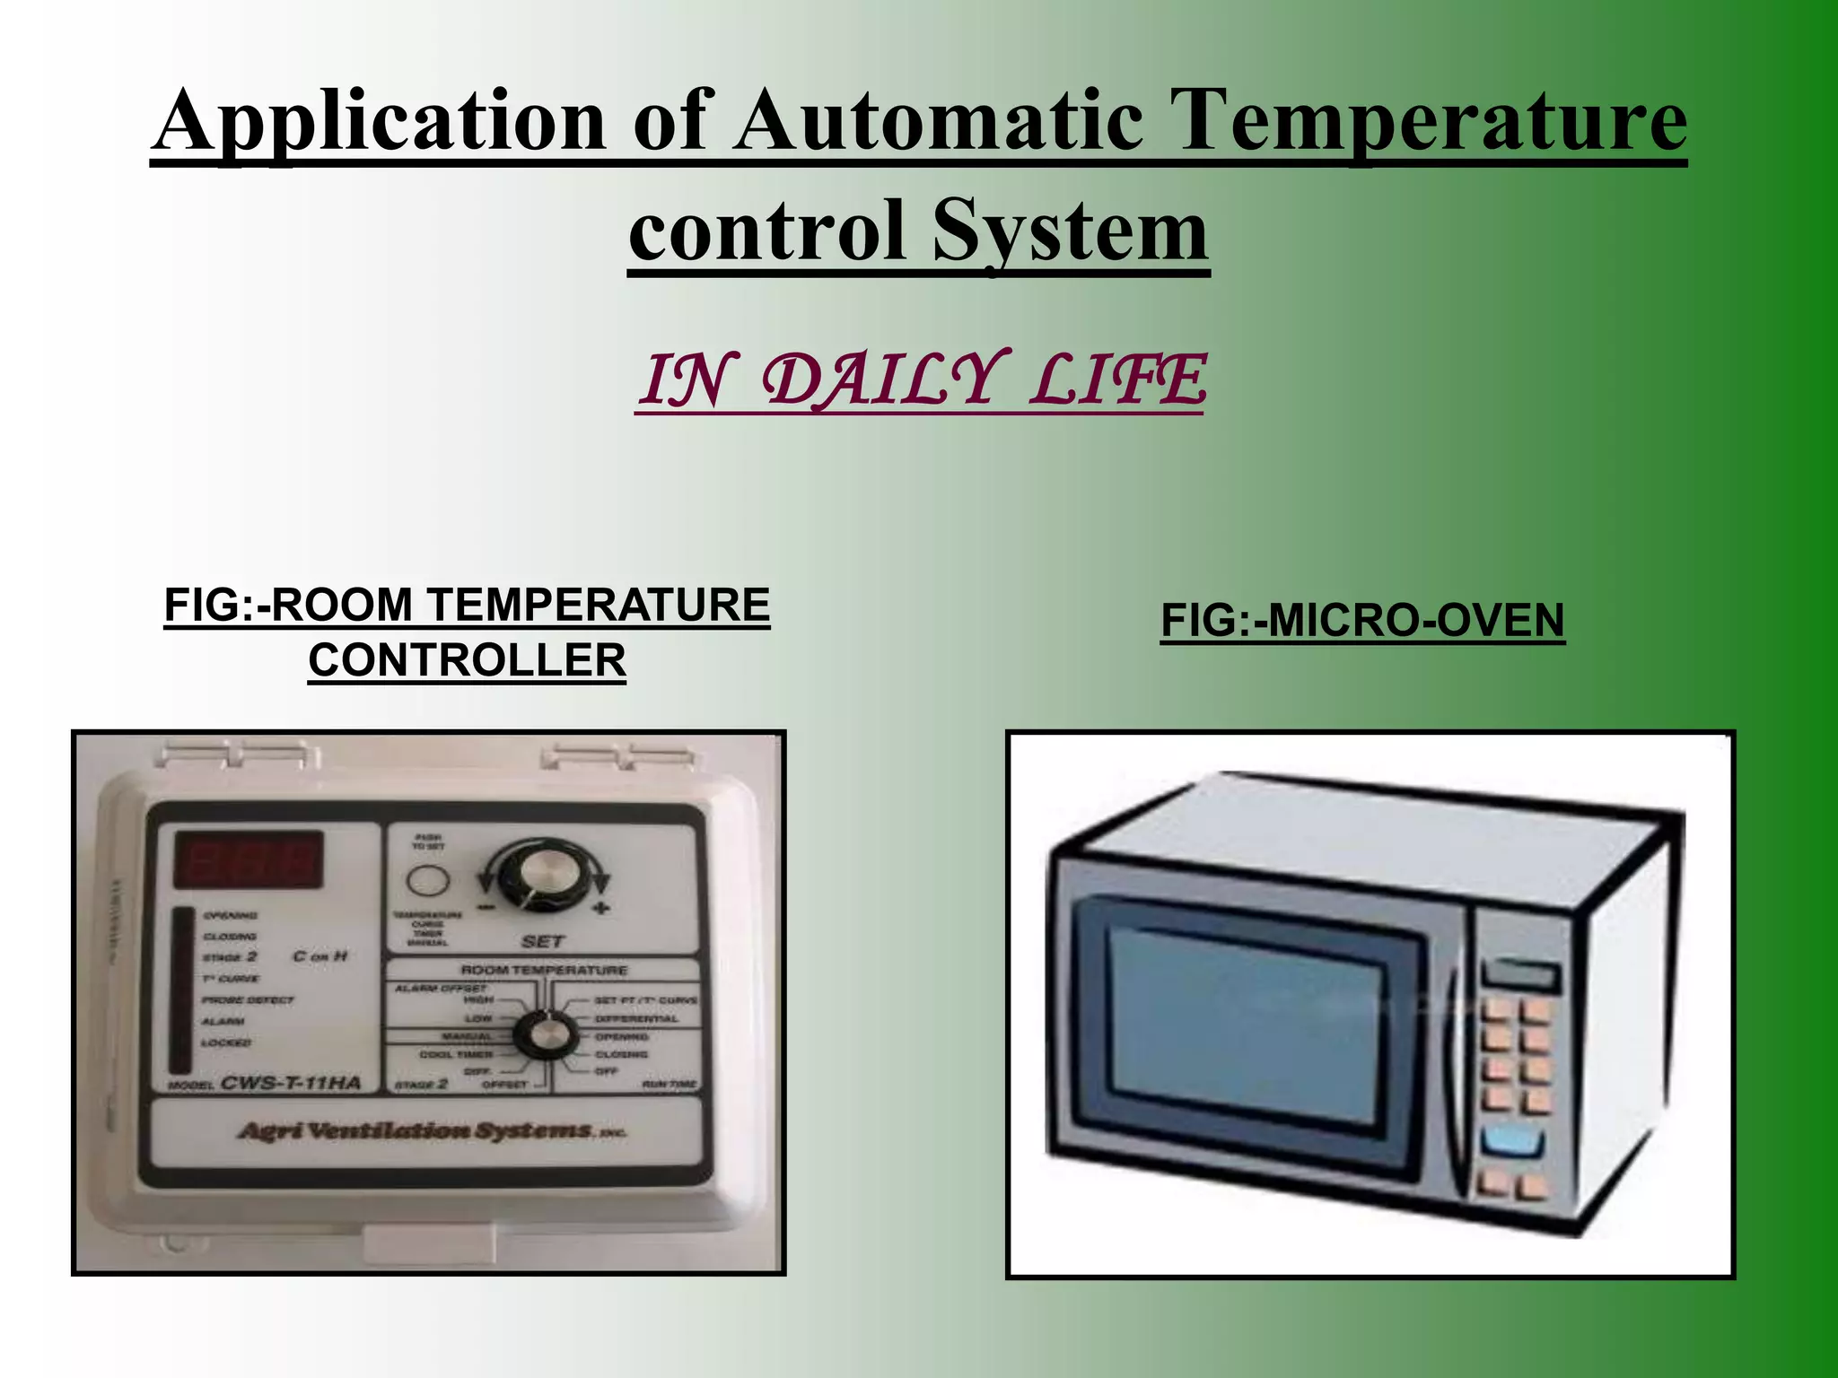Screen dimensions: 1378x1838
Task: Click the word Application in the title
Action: click(378, 121)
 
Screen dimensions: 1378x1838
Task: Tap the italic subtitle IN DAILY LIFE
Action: click(921, 380)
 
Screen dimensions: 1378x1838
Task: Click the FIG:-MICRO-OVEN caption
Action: click(1362, 621)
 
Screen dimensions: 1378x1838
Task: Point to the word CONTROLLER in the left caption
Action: click(467, 661)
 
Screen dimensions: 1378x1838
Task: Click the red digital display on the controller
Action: click(249, 859)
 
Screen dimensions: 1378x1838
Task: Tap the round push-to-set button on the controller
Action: click(427, 880)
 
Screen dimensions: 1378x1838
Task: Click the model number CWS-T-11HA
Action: click(291, 1083)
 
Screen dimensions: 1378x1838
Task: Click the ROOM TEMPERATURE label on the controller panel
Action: click(544, 970)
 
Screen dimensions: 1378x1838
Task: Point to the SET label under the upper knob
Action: click(542, 941)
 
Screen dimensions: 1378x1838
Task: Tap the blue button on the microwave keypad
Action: click(1512, 1142)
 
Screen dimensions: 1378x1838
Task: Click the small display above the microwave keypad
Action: click(1519, 974)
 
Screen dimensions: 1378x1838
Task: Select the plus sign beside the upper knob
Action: click(600, 907)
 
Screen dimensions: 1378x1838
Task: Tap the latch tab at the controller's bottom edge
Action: click(429, 1245)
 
